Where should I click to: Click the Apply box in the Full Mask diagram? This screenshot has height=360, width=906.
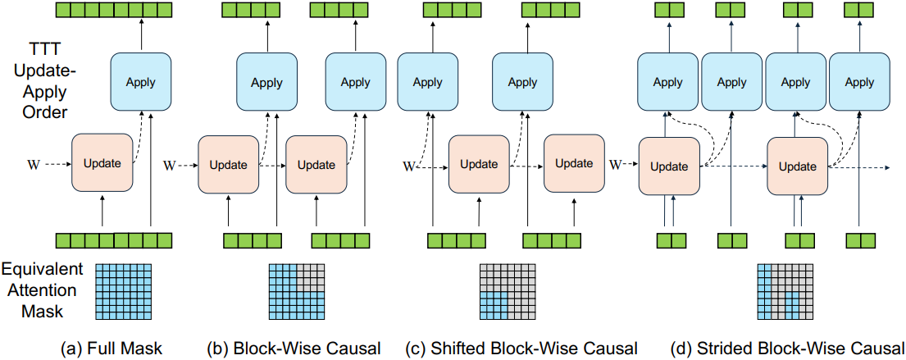click(141, 81)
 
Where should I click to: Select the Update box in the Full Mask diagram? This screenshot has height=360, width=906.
click(102, 163)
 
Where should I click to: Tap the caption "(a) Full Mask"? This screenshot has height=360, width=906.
click(112, 349)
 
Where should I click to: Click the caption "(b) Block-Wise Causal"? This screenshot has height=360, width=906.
click(294, 349)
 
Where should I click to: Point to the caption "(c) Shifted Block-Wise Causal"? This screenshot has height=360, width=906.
click(518, 349)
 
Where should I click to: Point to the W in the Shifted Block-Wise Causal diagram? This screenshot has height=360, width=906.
click(409, 167)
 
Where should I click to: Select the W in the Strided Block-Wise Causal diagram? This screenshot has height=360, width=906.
click(616, 165)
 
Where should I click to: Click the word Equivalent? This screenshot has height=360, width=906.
click(41, 269)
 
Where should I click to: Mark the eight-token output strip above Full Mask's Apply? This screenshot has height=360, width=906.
click(115, 10)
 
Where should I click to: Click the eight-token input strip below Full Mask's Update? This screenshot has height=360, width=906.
click(115, 239)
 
